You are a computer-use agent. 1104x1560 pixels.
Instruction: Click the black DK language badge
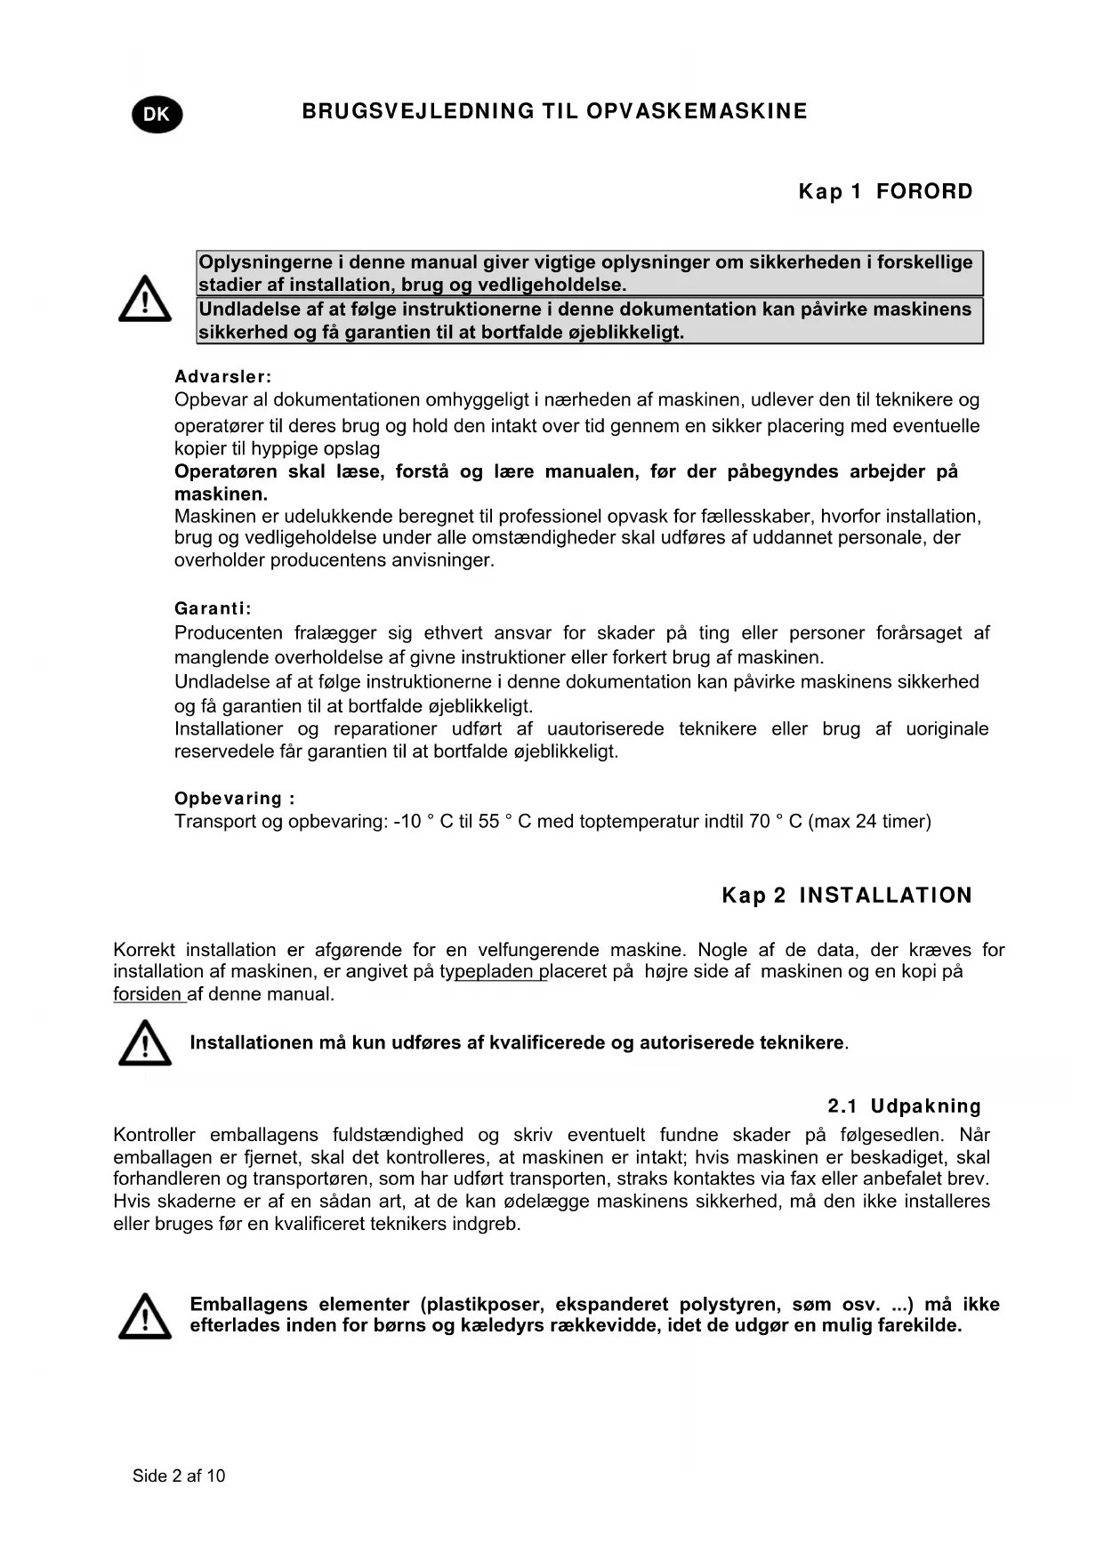tap(157, 115)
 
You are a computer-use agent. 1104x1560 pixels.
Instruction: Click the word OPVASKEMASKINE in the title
tap(697, 111)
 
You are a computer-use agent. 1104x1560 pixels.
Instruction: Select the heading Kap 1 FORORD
tap(885, 191)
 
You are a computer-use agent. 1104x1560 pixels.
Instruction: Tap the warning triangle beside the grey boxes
tap(145, 299)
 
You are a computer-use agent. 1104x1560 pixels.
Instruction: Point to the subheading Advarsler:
tap(222, 377)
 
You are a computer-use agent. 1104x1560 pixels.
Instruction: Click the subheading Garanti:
tap(213, 609)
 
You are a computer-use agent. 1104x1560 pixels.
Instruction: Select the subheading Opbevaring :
tap(234, 799)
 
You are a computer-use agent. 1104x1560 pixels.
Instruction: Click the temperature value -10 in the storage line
tap(407, 822)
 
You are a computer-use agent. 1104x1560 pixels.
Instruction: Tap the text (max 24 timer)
tap(869, 822)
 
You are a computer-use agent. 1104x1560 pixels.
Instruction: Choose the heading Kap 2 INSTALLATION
tap(847, 896)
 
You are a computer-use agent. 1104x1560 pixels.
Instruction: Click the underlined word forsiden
tap(148, 994)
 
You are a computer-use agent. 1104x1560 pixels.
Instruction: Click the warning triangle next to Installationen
tap(145, 1043)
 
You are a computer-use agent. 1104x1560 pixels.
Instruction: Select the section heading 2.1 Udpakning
tap(904, 1106)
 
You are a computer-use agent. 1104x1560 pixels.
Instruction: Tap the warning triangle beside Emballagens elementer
tap(145, 1316)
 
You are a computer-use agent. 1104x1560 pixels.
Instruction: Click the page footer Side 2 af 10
tap(179, 1476)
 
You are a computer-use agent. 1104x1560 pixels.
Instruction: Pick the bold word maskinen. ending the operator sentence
tap(221, 495)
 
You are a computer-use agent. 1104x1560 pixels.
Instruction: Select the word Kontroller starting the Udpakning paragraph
tap(154, 1135)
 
